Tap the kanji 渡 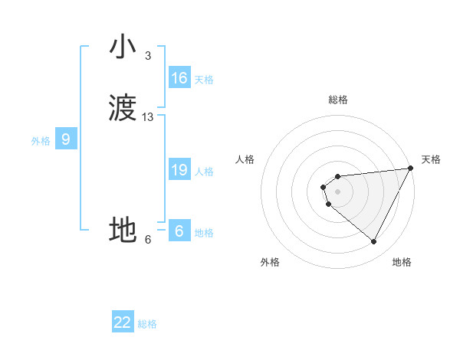pos(123,108)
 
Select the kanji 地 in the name pos(123,230)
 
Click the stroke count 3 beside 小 pos(147,56)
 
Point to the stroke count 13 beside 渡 pos(148,117)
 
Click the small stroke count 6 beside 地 pos(148,240)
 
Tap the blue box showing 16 pos(179,77)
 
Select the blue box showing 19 pos(179,169)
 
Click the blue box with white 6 pos(179,231)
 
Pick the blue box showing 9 pos(66,139)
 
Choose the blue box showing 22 pos(123,322)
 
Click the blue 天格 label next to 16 pos(203,80)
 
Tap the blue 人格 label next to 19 pos(203,172)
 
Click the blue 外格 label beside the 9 pos(41,141)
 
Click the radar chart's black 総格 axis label pos(338,100)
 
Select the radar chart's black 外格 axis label pos(270,262)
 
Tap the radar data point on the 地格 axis pos(374,242)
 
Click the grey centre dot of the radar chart pos(337,191)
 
